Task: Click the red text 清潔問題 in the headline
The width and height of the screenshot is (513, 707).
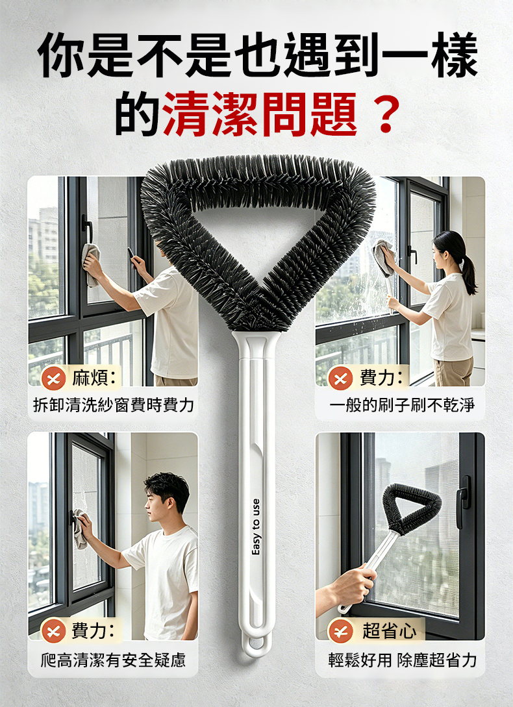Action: point(260,114)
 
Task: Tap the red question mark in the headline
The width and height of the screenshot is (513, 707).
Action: point(386,115)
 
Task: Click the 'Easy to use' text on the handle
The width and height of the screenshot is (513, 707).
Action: point(256,527)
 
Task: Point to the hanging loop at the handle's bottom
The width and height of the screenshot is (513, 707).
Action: point(256,643)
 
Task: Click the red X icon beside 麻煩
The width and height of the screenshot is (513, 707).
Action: point(53,378)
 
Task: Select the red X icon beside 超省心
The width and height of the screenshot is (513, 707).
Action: point(340,631)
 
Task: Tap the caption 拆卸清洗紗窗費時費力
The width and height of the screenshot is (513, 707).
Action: point(113,405)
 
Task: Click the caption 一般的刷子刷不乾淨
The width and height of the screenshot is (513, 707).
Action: point(401,405)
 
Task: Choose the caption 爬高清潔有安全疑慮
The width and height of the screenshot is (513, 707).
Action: point(113,660)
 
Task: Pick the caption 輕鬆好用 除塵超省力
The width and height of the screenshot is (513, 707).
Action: point(403,660)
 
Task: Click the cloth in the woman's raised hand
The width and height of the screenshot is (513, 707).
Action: point(384,258)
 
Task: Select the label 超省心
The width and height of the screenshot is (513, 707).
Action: point(390,630)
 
